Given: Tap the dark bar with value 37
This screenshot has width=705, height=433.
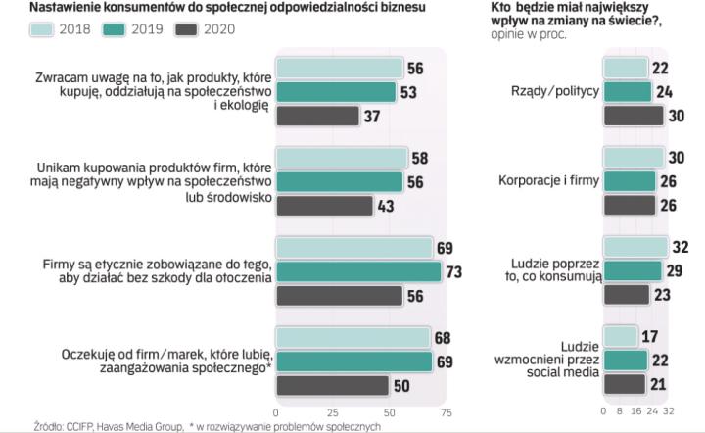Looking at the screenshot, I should (317, 116).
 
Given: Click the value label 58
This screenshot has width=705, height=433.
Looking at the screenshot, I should (419, 158).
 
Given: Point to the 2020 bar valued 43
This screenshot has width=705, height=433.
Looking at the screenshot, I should (324, 206).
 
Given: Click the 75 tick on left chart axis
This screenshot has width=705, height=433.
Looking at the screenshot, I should (446, 412).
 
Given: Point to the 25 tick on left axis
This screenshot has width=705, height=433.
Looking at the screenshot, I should (333, 412).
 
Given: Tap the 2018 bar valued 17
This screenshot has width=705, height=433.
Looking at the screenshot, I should (619, 338).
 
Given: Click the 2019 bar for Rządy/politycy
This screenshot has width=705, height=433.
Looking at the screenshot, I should (626, 92).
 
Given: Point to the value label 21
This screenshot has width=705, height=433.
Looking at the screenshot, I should (659, 383).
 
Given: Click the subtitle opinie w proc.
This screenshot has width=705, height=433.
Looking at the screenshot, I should (529, 34).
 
